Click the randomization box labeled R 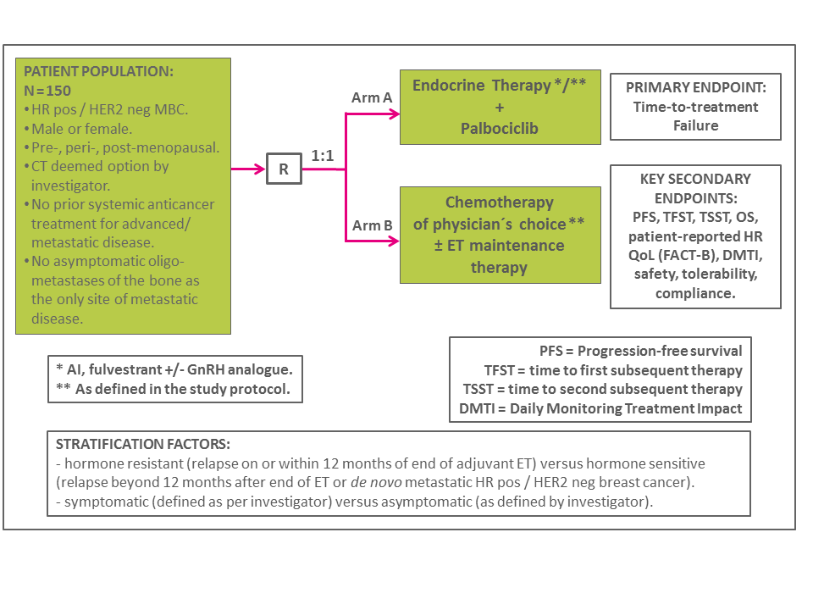[284, 169]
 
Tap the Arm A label [372, 97]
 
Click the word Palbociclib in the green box [500, 129]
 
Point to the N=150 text [47, 91]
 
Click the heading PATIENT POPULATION [98, 72]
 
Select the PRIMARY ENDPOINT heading [695, 88]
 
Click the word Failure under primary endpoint [695, 125]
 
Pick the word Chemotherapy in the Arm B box [500, 202]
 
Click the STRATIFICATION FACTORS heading [142, 445]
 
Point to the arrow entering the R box [250, 169]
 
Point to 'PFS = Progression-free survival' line [640, 351]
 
